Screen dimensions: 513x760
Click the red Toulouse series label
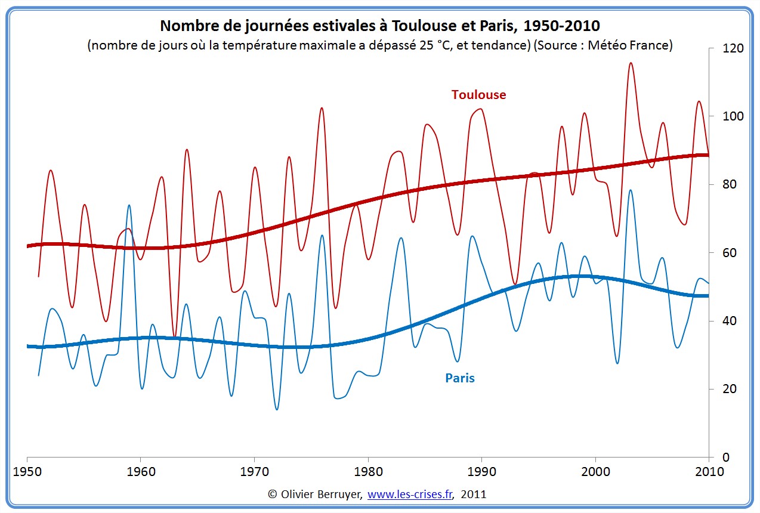478,95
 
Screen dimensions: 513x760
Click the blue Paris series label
460,378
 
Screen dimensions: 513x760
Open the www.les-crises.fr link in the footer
410,495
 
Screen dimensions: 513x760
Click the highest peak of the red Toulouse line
631,63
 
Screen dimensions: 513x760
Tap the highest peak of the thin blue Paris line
631,190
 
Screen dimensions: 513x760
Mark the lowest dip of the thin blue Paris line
277,409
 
